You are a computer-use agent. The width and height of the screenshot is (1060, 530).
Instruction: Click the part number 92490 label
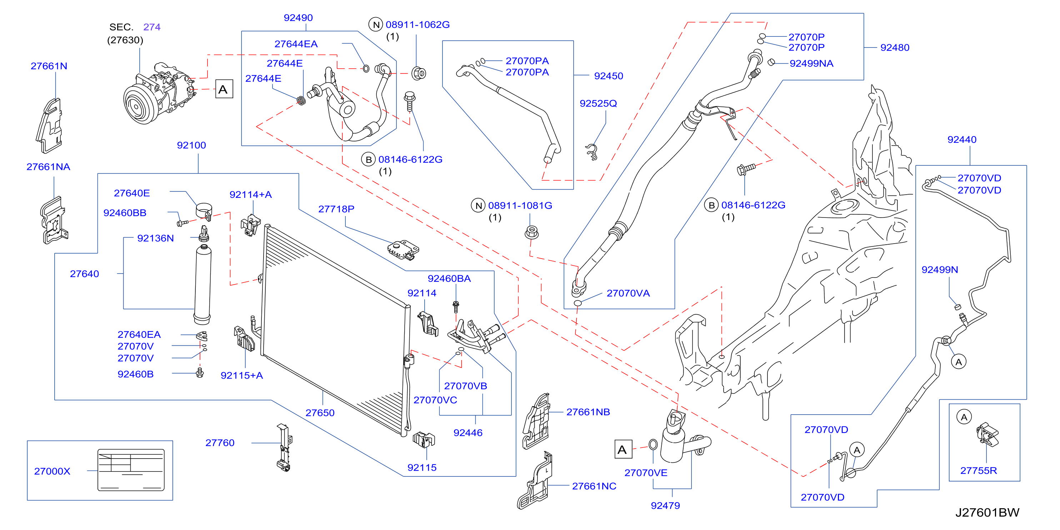pyautogui.click(x=298, y=18)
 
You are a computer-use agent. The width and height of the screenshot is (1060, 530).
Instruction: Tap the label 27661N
pyautogui.click(x=49, y=66)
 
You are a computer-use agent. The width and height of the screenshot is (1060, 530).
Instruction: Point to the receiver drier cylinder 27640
pyautogui.click(x=202, y=284)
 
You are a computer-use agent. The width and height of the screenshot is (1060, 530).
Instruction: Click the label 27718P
pyautogui.click(x=336, y=209)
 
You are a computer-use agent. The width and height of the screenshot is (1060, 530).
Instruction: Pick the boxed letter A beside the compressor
pyautogui.click(x=224, y=89)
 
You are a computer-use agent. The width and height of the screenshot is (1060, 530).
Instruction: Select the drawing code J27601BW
pyautogui.click(x=987, y=512)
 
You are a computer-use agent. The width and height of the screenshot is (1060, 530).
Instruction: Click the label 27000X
pyautogui.click(x=52, y=471)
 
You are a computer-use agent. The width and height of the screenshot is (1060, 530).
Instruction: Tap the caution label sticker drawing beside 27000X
pyautogui.click(x=131, y=470)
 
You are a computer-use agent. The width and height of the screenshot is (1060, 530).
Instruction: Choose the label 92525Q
pyautogui.click(x=598, y=103)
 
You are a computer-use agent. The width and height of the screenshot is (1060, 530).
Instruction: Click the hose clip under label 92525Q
pyautogui.click(x=592, y=152)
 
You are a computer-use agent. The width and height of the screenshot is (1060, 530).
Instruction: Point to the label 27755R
pyautogui.click(x=979, y=470)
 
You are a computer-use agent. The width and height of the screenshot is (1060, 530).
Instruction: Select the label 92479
pyautogui.click(x=665, y=505)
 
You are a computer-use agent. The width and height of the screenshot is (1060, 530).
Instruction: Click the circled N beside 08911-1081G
pyautogui.click(x=479, y=205)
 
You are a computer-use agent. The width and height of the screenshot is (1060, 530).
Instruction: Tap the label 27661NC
pyautogui.click(x=594, y=486)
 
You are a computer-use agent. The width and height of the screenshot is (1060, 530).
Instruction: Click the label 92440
pyautogui.click(x=962, y=140)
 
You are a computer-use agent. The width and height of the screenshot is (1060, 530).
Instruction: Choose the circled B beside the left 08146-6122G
pyautogui.click(x=369, y=159)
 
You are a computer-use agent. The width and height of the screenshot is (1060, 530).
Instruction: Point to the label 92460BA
pyautogui.click(x=449, y=279)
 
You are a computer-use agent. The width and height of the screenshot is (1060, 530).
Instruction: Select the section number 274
pyautogui.click(x=152, y=27)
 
